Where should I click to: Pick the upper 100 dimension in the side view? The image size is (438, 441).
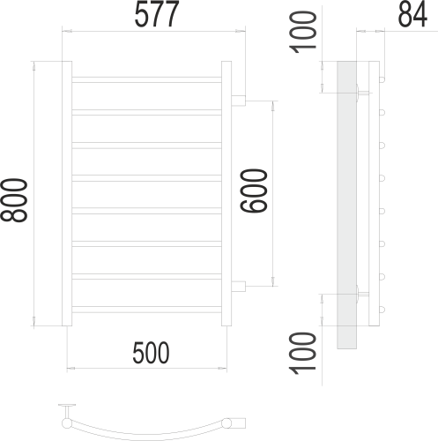[x=303, y=32]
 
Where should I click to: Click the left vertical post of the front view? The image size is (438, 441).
[x=65, y=193]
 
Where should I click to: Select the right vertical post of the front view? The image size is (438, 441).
[x=226, y=193]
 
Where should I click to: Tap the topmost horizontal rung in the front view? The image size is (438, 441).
[x=146, y=79]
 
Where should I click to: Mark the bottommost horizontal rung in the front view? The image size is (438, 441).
[x=146, y=308]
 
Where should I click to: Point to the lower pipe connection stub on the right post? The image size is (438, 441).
[x=238, y=284]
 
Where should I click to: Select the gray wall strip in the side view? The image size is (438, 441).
[x=345, y=203]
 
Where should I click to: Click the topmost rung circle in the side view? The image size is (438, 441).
[x=383, y=79]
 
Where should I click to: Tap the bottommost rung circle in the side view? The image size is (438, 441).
[x=383, y=308]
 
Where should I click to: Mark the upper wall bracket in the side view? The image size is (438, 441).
[x=360, y=90]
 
